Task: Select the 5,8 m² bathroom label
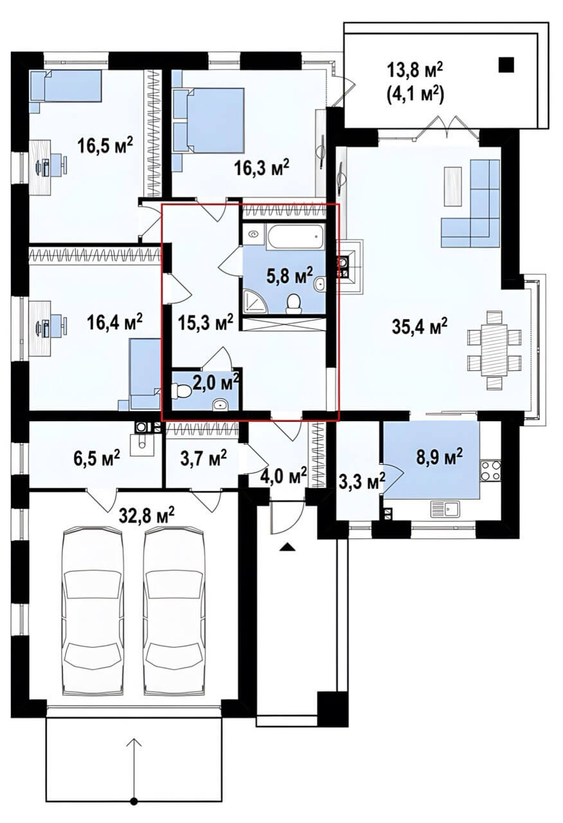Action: [290, 275]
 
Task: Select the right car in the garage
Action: [174, 614]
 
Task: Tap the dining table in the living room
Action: [494, 350]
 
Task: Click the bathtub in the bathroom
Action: [296, 237]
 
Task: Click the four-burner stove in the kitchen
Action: [491, 471]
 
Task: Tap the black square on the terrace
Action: [506, 65]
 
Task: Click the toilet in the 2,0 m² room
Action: [181, 391]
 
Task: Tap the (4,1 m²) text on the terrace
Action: [415, 94]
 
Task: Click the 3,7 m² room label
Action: [204, 457]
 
